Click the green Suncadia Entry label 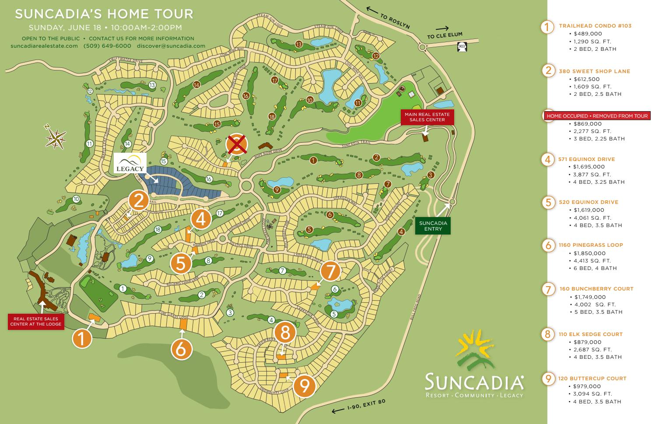[433, 225]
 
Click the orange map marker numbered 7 [331, 271]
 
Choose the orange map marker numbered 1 [83, 338]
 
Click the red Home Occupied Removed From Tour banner [597, 116]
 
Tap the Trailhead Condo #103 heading [595, 26]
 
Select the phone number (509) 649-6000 [107, 46]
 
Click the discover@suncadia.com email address [171, 46]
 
